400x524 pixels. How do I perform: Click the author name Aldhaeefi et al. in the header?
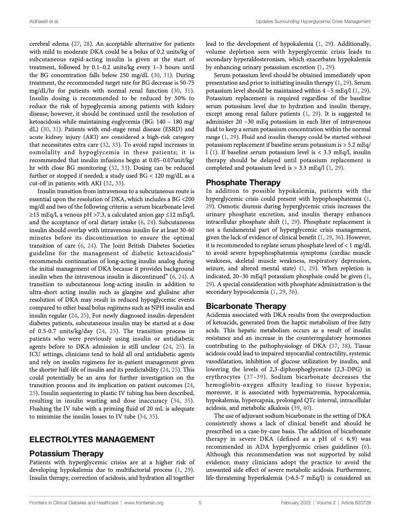[44, 22]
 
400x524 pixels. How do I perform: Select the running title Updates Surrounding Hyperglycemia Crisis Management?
[313, 22]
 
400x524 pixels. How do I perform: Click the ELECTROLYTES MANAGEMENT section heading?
[92, 439]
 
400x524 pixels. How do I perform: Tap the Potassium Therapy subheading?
[66, 453]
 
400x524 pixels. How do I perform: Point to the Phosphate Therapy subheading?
[243, 182]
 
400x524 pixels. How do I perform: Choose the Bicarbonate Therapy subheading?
[246, 306]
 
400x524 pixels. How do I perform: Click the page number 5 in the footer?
[200, 503]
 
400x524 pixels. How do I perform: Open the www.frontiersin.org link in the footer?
[144, 503]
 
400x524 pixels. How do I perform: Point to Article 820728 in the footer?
[356, 503]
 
